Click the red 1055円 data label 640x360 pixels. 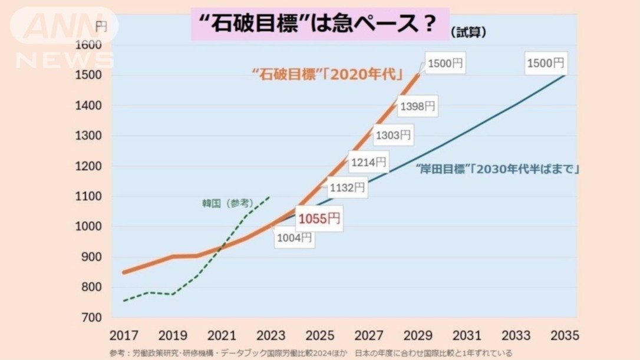click(319, 219)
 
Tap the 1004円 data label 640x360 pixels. click(294, 238)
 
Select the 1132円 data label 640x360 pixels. click(347, 188)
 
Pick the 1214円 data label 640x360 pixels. click(368, 161)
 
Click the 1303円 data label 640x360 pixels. click(392, 135)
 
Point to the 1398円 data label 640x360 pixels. click(417, 107)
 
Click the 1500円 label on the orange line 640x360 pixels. click(446, 64)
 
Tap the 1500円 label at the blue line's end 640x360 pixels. click(545, 62)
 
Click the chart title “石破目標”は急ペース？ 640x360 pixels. click(320, 24)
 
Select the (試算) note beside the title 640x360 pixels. click(468, 32)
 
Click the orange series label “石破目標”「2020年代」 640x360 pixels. click(327, 74)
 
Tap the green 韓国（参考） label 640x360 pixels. click(227, 203)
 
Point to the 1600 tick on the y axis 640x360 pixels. click(90, 45)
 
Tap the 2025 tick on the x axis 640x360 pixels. click(319, 335)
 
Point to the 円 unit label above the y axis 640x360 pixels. click(101, 26)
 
